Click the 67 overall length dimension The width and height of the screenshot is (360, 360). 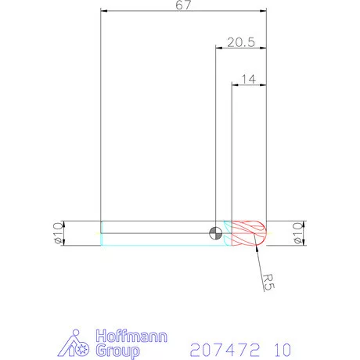point(184,5)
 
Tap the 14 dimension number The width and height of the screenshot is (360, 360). point(250,78)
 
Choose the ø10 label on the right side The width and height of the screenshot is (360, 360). point(296,232)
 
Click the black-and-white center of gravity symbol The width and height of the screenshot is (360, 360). point(216,232)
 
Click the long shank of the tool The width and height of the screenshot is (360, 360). point(157,232)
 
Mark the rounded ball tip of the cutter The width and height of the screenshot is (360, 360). point(264,232)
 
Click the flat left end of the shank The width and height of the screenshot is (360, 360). point(102,232)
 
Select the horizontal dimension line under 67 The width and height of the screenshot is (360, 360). point(184,12)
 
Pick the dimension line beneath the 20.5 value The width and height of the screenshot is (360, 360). point(241,49)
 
